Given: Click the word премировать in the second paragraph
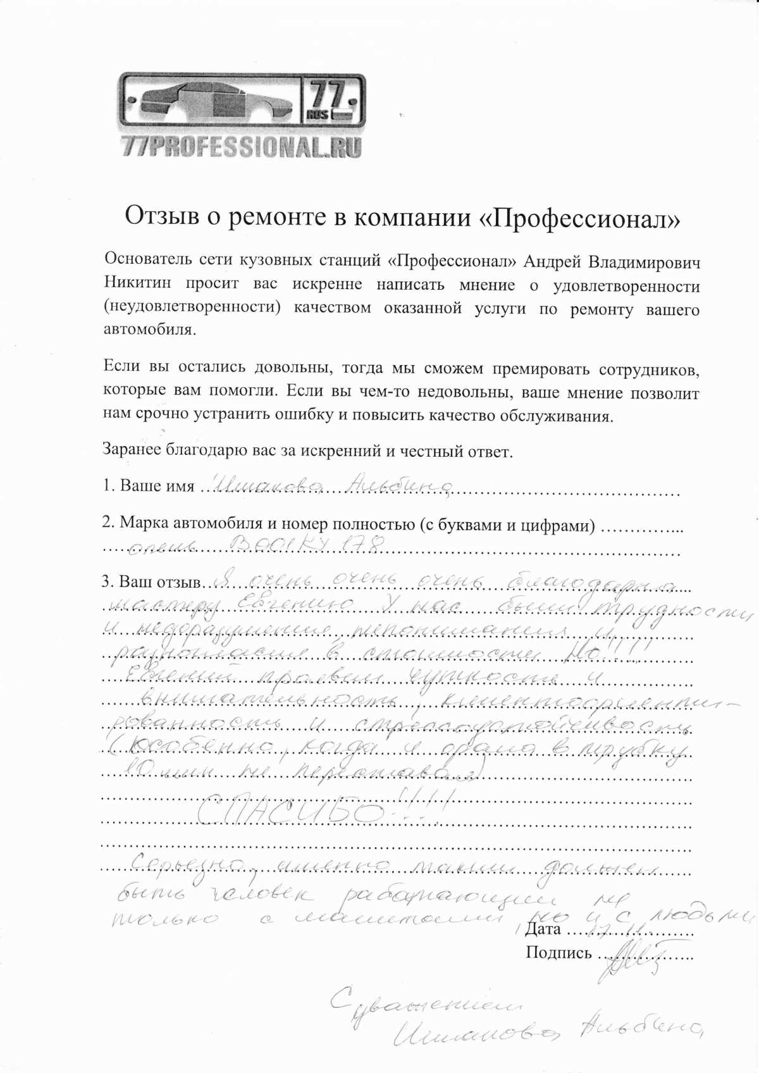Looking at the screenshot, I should (x=542, y=369).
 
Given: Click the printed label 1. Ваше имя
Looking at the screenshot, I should (x=149, y=486).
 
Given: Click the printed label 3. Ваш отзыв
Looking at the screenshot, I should (x=151, y=581).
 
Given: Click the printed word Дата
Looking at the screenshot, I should (x=543, y=929).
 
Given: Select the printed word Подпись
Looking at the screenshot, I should (x=558, y=953).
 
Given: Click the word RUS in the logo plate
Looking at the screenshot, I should (x=318, y=115).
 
